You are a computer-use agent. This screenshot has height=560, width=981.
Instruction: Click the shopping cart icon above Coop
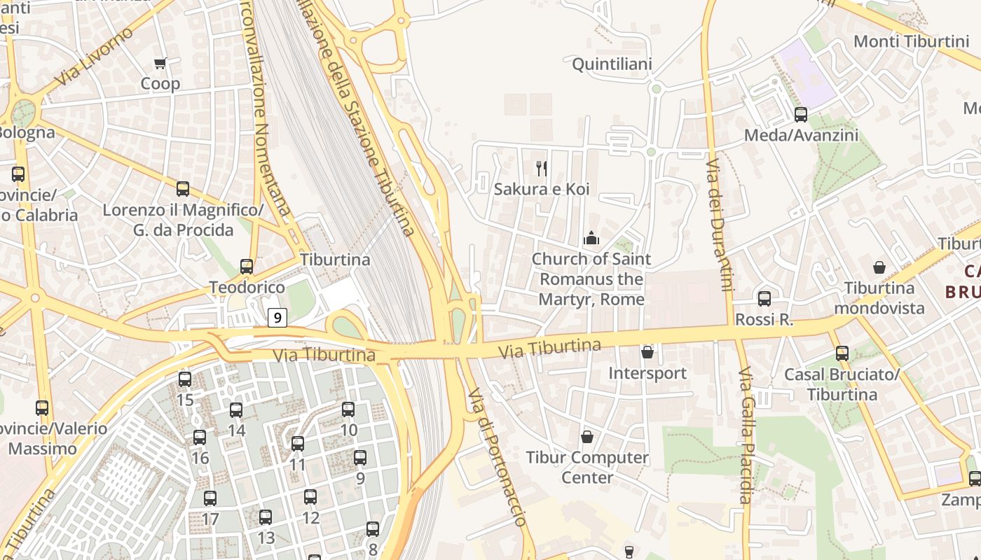point(160,64)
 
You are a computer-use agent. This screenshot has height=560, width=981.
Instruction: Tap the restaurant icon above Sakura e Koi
point(542,168)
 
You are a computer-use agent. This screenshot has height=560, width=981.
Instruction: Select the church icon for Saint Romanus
point(591,239)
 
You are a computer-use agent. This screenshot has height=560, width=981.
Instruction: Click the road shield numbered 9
point(277,318)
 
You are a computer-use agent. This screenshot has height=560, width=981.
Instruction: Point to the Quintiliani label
point(612,64)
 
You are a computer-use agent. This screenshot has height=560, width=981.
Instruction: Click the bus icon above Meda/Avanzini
point(800,115)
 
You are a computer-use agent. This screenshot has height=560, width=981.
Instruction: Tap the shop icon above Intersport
point(647,352)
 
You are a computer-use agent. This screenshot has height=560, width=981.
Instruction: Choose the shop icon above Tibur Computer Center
point(587,437)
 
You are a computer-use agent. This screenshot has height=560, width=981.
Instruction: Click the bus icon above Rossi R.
point(764,299)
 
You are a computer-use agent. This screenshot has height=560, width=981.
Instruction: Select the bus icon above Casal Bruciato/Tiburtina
point(842,353)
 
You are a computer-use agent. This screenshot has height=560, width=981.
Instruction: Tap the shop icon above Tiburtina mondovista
point(879,267)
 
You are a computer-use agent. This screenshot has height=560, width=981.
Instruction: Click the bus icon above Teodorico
point(247,267)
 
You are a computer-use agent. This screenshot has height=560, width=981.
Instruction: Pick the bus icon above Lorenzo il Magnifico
point(183,188)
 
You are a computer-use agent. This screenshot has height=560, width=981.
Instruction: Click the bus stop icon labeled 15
point(185,379)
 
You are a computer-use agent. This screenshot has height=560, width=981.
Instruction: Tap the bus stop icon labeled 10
point(348,409)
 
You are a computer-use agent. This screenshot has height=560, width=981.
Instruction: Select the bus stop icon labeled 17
point(210,498)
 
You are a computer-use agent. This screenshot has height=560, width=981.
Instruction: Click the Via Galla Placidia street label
point(745,434)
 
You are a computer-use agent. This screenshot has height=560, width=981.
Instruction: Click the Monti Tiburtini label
point(910,41)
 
